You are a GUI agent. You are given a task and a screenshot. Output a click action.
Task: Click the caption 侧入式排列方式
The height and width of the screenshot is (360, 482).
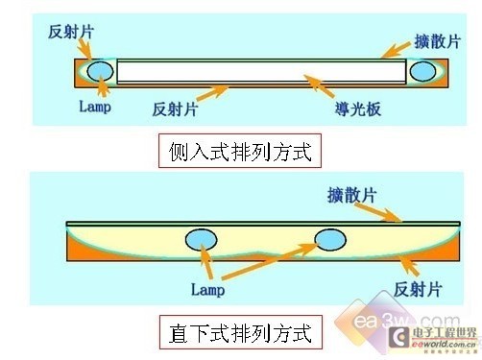tap(238, 151)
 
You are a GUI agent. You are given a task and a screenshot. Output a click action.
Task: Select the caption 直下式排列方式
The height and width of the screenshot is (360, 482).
tap(238, 334)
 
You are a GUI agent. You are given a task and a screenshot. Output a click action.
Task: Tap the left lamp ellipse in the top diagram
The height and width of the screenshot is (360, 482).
tap(99, 71)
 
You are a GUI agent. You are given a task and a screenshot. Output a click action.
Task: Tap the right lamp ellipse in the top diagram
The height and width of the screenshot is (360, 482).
tap(422, 71)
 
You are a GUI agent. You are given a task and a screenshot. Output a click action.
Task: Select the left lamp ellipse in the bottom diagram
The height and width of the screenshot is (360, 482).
tap(202, 239)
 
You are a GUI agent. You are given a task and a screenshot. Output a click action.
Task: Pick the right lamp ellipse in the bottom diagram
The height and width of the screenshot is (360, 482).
tap(330, 238)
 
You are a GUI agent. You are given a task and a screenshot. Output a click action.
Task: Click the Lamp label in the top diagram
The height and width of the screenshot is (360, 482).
tap(94, 107)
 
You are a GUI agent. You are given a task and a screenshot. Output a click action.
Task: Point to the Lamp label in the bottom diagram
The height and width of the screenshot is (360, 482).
tap(206, 288)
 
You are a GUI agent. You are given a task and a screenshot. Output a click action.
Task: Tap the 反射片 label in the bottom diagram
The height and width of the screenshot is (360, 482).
tap(419, 289)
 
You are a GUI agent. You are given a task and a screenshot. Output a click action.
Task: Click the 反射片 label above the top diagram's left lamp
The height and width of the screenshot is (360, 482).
tap(71, 31)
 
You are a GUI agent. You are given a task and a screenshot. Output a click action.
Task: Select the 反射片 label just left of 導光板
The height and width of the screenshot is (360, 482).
tap(175, 108)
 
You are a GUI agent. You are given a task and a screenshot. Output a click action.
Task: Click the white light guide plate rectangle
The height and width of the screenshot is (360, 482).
tap(259, 71)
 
